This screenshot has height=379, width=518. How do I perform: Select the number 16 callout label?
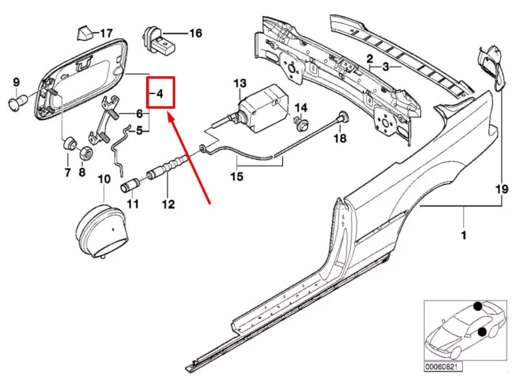pos(195,33)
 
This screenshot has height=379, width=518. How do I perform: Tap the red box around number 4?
pos(160,93)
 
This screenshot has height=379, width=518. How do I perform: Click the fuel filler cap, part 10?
pos(100,231)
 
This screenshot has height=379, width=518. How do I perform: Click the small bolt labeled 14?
pos(300,123)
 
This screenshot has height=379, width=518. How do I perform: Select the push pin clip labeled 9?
pos(19,103)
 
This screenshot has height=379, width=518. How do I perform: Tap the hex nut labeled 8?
pos(86,151)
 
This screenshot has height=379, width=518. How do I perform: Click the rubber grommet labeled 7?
pos(68,143)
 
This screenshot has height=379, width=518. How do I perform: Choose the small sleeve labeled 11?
pos(129,185)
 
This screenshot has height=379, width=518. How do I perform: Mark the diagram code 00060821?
pos(436,366)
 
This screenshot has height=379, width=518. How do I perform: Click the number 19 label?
pos(501,189)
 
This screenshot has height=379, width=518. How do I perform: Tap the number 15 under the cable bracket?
pos(236,176)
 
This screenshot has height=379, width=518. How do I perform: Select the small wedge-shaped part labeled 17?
pos(84,33)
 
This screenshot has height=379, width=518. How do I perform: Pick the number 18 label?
pos(340,138)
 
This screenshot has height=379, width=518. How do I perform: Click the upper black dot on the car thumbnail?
pos(478,306)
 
